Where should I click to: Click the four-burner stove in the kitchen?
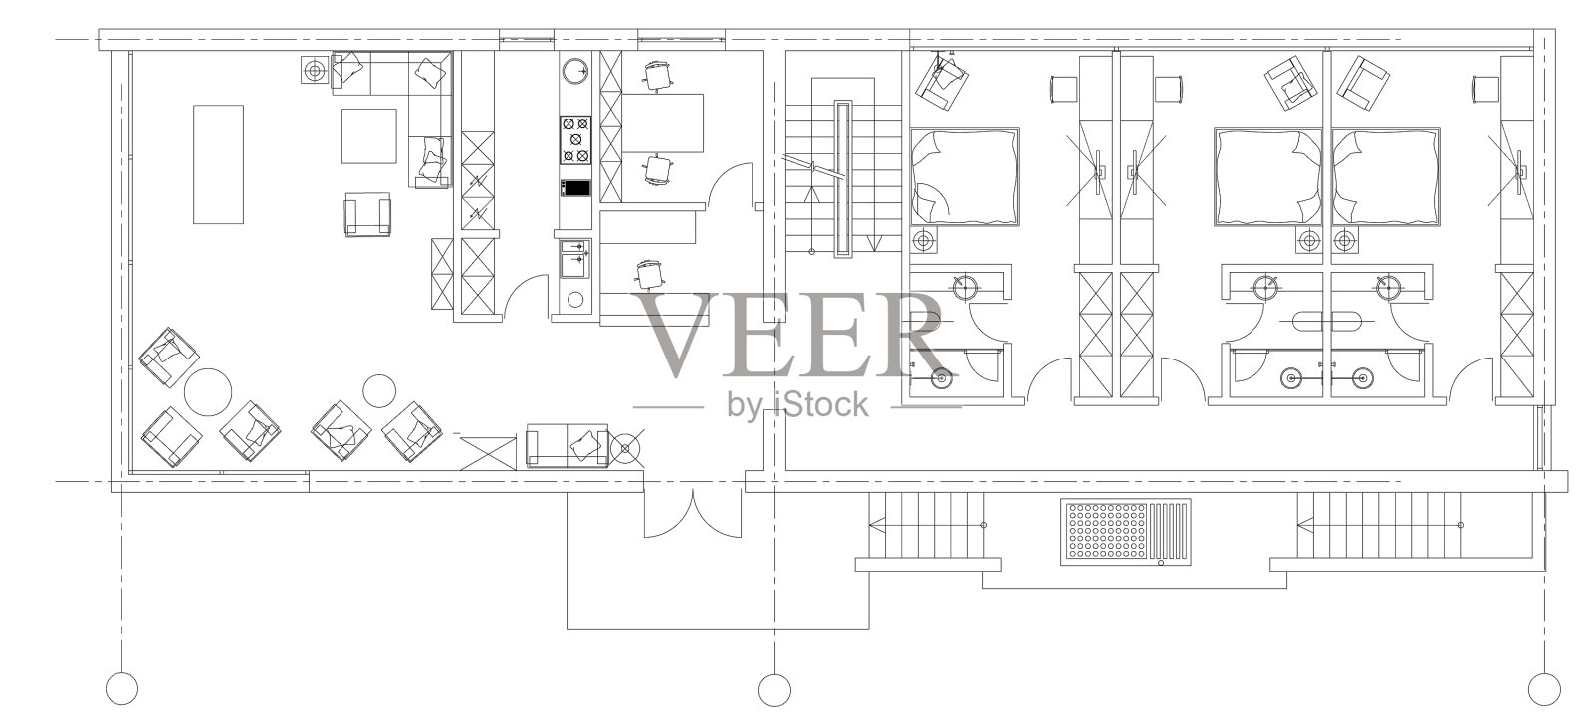click(x=575, y=140)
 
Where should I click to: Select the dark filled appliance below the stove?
click(x=575, y=188)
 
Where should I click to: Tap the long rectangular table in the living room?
click(x=218, y=164)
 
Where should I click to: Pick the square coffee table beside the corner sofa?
click(x=368, y=135)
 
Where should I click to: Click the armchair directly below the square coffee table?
click(x=367, y=214)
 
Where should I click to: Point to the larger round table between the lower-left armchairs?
click(x=208, y=391)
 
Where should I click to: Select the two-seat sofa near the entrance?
click(x=568, y=445)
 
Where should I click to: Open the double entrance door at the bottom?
click(x=693, y=514)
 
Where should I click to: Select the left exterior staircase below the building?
click(x=927, y=525)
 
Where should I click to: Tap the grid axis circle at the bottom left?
click(x=121, y=688)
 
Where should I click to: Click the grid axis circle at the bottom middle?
click(x=774, y=689)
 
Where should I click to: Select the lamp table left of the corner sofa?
click(x=315, y=69)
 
